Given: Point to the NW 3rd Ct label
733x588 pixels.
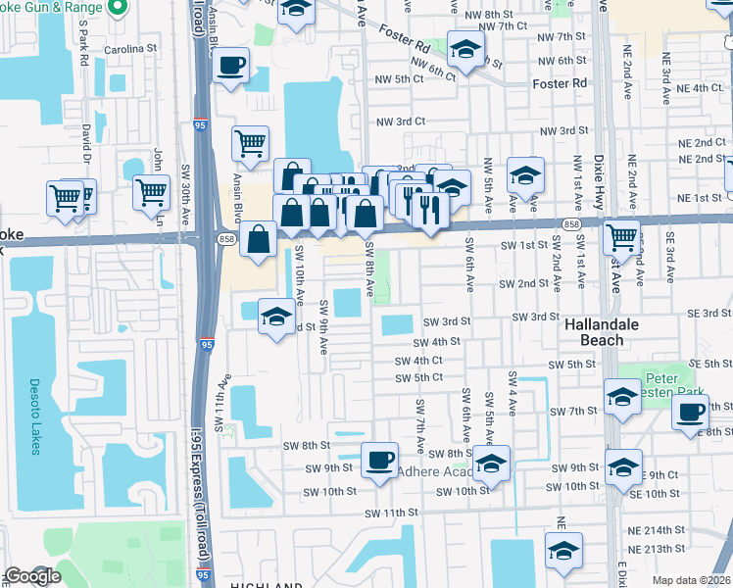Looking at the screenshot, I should click(400, 122).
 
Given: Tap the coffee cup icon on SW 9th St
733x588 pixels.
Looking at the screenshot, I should click(379, 459).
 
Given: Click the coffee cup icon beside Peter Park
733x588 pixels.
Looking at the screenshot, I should click(690, 413).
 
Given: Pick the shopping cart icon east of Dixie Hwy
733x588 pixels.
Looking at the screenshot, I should click(621, 236).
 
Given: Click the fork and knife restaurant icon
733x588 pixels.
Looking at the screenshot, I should click(429, 208).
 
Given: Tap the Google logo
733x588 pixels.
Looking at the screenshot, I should click(31, 577).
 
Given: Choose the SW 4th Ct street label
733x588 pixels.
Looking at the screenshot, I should click(418, 361).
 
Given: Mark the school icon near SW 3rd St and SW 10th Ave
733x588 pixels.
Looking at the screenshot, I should click(276, 316).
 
